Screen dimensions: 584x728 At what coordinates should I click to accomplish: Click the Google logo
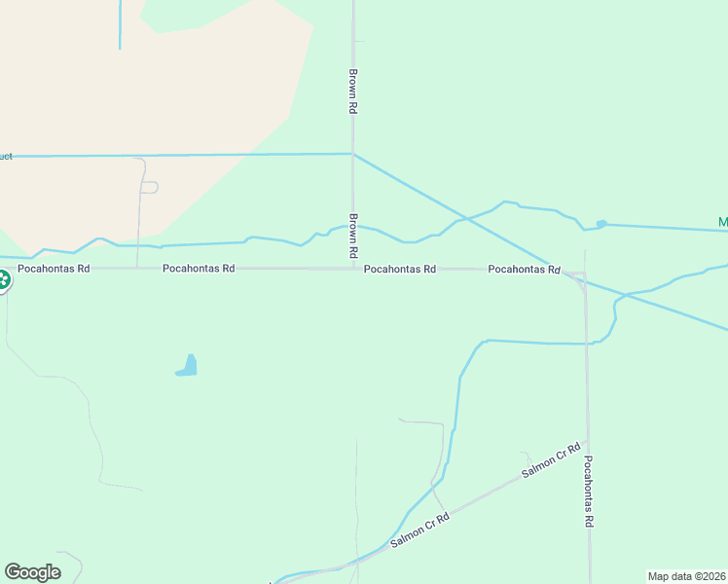(32, 572)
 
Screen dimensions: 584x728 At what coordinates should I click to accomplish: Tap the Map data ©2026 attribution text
(686, 576)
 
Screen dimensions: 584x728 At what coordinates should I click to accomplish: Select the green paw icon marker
(3, 281)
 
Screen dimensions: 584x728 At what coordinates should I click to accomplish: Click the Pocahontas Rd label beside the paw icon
(54, 268)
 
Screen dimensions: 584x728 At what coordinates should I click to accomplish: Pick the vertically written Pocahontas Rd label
(589, 493)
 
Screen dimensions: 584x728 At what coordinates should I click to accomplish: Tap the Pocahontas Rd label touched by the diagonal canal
(525, 269)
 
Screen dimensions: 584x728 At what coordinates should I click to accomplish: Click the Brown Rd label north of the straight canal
(353, 91)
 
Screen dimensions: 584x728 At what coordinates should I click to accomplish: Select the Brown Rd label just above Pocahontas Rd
(354, 237)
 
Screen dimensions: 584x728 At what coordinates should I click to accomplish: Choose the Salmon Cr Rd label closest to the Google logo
(420, 530)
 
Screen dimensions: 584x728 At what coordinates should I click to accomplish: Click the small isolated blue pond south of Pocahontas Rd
(188, 367)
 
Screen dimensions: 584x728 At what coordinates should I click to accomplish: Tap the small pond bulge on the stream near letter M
(601, 224)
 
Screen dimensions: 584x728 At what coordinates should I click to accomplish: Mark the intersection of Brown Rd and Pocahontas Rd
(353, 269)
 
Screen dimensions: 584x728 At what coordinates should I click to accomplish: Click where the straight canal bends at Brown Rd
(353, 154)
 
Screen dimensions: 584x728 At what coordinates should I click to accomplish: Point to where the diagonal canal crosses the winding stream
(465, 218)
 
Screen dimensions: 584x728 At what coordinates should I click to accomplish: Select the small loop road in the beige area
(149, 187)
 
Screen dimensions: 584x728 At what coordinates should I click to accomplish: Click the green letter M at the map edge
(723, 223)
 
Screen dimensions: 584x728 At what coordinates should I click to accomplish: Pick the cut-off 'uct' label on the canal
(6, 156)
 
